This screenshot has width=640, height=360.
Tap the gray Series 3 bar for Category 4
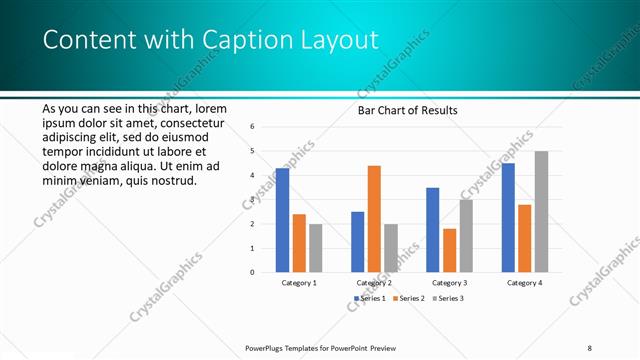pyautogui.click(x=541, y=211)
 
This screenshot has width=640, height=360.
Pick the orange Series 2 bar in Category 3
pyautogui.click(x=449, y=250)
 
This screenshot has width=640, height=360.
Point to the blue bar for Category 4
pyautogui.click(x=508, y=217)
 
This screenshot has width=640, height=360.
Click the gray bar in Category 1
pyautogui.click(x=315, y=248)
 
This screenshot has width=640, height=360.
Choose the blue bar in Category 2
pyautogui.click(x=357, y=242)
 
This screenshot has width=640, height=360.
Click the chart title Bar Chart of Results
pyautogui.click(x=407, y=110)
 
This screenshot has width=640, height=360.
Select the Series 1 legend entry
pyautogui.click(x=372, y=298)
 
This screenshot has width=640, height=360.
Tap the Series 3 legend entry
pyautogui.click(x=447, y=298)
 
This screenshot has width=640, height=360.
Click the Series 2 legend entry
pyautogui.click(x=410, y=298)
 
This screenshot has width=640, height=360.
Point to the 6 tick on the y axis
pyautogui.click(x=253, y=127)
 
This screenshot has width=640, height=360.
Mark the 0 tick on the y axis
pyautogui.click(x=253, y=272)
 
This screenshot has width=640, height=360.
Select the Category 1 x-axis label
pyautogui.click(x=299, y=283)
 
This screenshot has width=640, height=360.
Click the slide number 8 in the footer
pyautogui.click(x=590, y=347)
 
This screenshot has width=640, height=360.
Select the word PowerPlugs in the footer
pyautogui.click(x=265, y=347)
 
